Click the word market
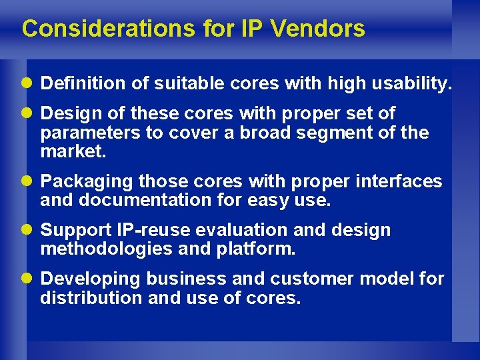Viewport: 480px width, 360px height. [x=73, y=151]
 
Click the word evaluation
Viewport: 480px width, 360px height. [x=237, y=230]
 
